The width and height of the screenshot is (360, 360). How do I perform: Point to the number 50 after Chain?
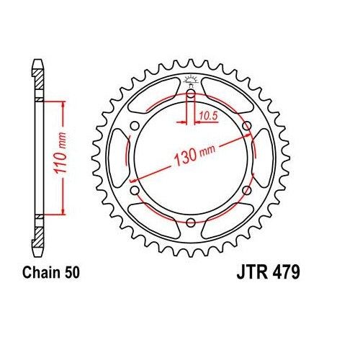[74, 273]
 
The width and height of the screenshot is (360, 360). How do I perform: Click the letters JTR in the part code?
[250, 274]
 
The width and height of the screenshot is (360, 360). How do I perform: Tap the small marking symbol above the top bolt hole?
[190, 79]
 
